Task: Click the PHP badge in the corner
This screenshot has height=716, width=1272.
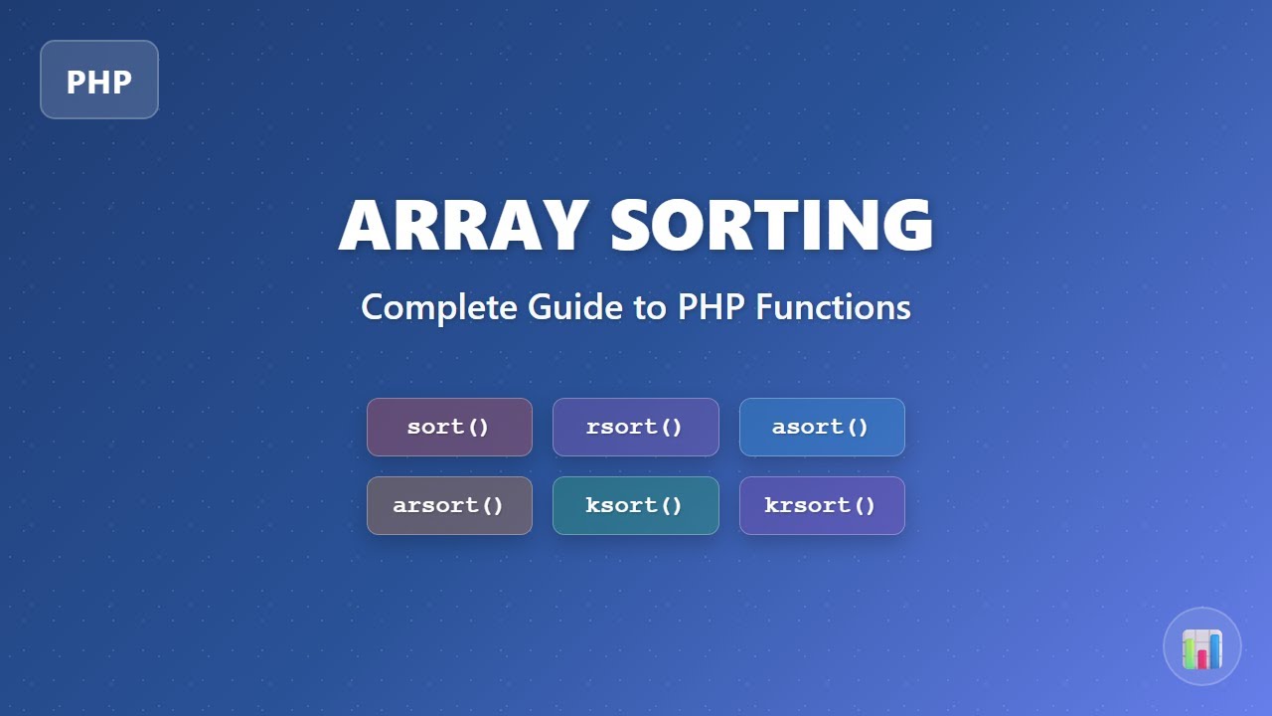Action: pyautogui.click(x=99, y=80)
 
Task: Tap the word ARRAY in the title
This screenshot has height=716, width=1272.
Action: pyautogui.click(x=463, y=226)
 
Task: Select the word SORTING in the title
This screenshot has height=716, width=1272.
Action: pyautogui.click(x=771, y=226)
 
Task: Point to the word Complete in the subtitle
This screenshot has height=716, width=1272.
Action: pyautogui.click(x=439, y=306)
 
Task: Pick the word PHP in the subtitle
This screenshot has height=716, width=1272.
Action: pyautogui.click(x=712, y=306)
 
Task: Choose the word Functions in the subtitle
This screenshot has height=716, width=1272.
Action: pyautogui.click(x=833, y=306)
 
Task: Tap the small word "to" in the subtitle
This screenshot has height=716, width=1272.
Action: pyautogui.click(x=651, y=307)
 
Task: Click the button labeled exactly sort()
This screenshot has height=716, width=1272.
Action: pyautogui.click(x=449, y=428)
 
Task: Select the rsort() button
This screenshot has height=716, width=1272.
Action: pyautogui.click(x=635, y=428)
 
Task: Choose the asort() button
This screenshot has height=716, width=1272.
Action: pyautogui.click(x=822, y=428)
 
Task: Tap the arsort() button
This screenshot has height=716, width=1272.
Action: pyautogui.click(x=449, y=505)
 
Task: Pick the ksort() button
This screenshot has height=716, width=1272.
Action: pyautogui.click(x=635, y=505)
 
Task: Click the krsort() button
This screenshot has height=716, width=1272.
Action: pyautogui.click(x=822, y=505)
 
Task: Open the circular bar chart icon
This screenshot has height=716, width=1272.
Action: pyautogui.click(x=1202, y=646)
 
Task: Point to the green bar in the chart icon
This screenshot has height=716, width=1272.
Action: pyautogui.click(x=1190, y=654)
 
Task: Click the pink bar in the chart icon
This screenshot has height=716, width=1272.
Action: pyautogui.click(x=1202, y=658)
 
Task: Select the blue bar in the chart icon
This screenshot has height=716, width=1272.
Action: pyautogui.click(x=1215, y=650)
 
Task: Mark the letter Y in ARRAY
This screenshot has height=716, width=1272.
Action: pyautogui.click(x=560, y=226)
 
